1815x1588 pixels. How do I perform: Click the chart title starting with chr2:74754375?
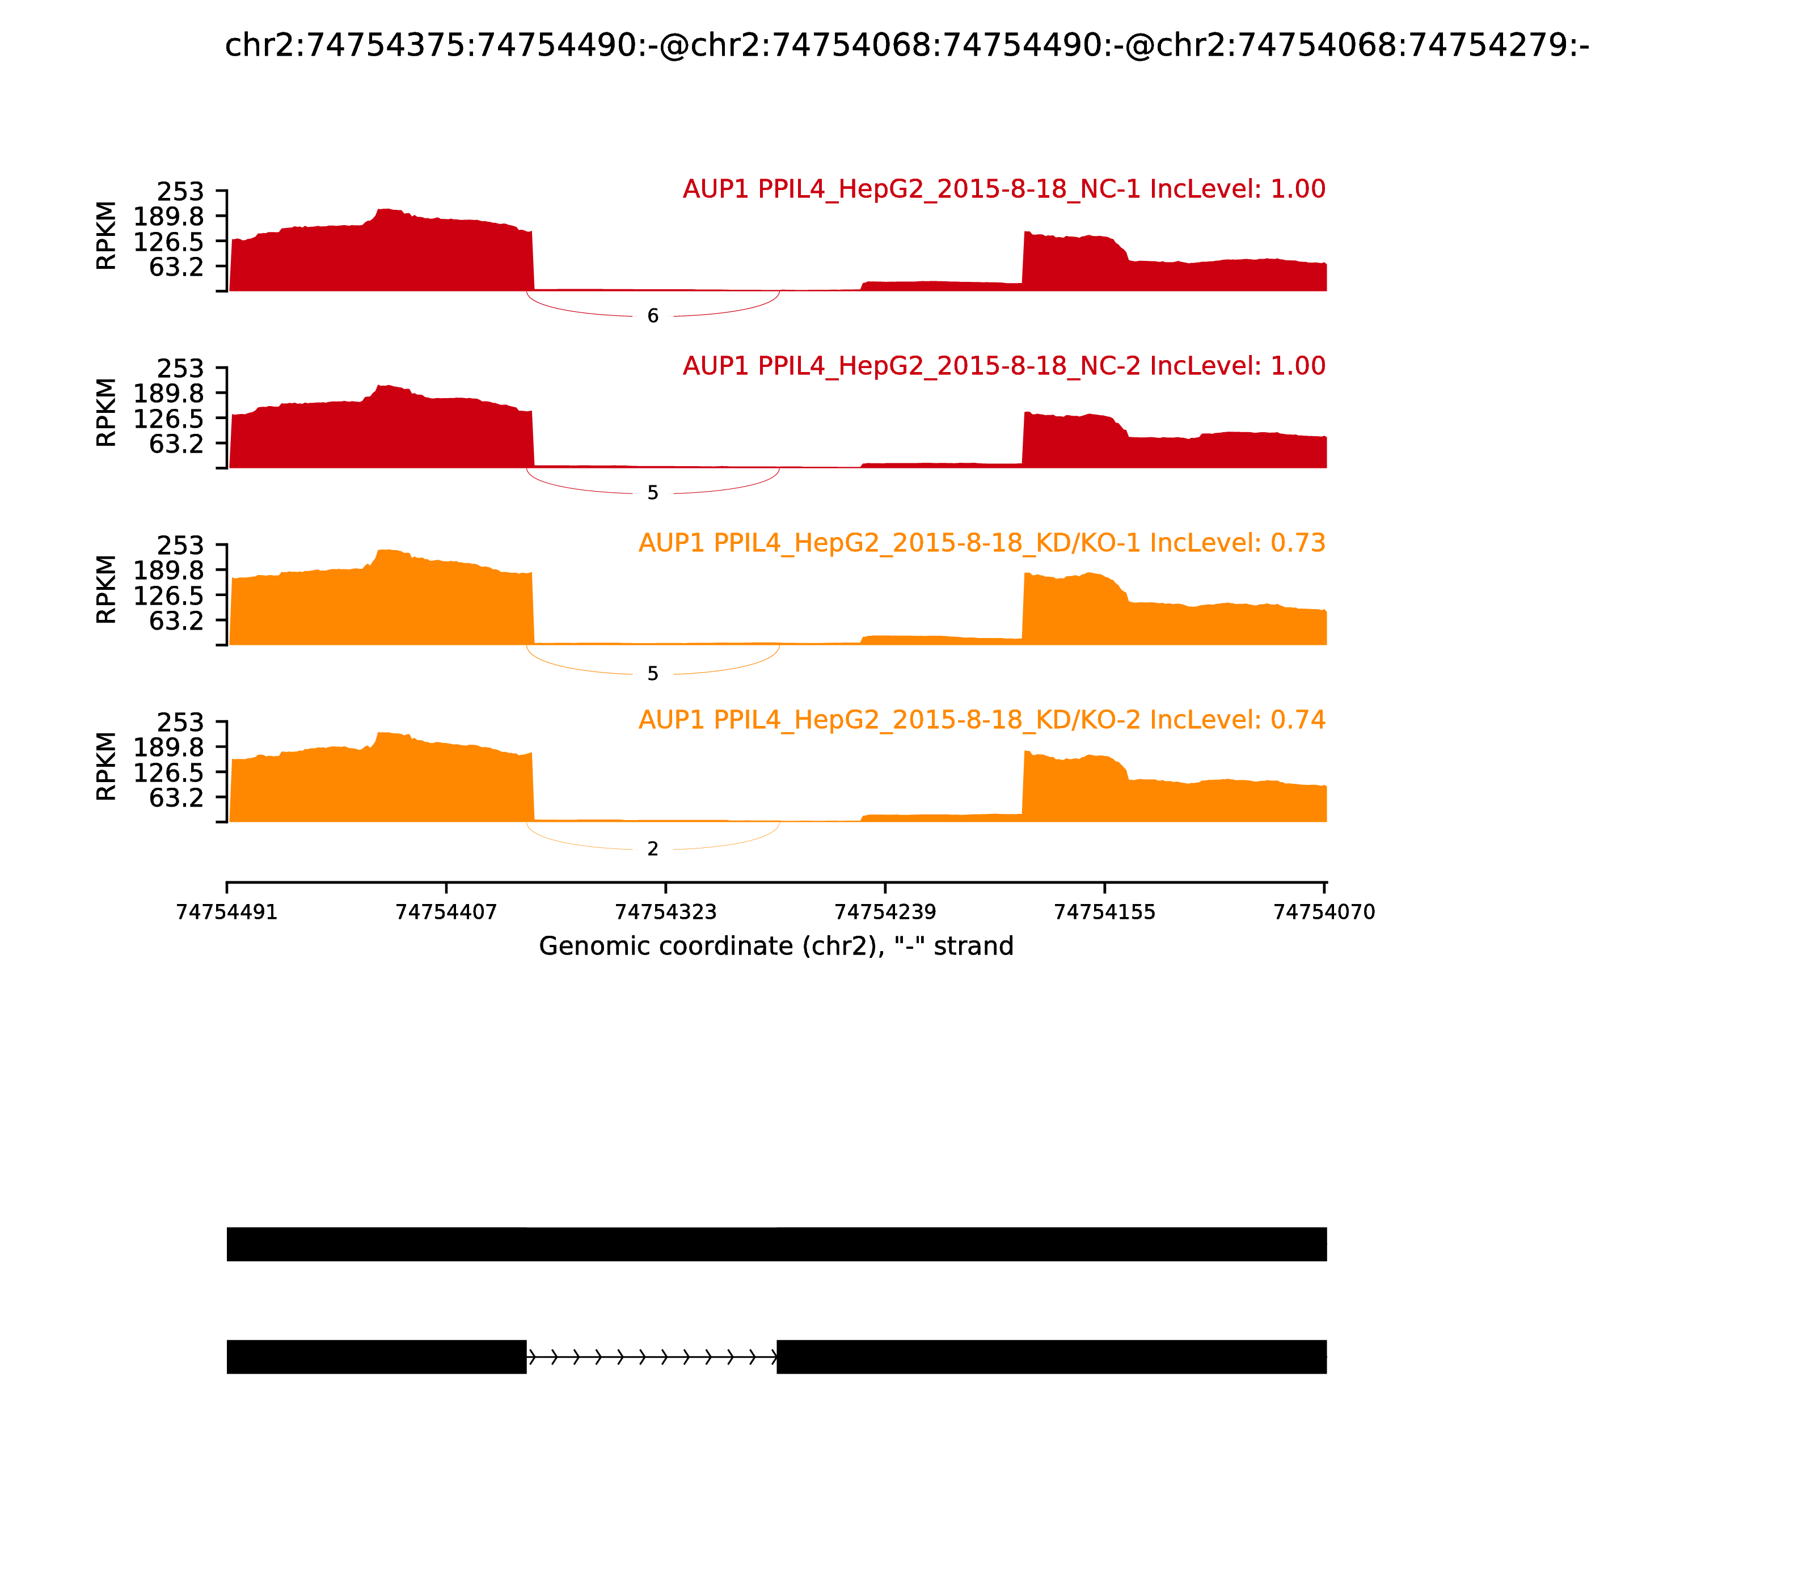pyautogui.click(x=906, y=45)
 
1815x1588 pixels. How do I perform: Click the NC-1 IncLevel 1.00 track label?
pyautogui.click(x=1003, y=189)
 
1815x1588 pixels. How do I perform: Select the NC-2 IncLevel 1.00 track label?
pyautogui.click(x=1003, y=366)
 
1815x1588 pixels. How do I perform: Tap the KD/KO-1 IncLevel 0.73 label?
pyautogui.click(x=981, y=543)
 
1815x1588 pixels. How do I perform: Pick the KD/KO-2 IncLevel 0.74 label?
pyautogui.click(x=981, y=720)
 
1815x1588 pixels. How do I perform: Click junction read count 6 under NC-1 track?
pyautogui.click(x=653, y=316)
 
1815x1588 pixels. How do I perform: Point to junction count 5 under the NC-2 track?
pyautogui.click(x=653, y=493)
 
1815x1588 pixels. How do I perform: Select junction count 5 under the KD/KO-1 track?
pyautogui.click(x=653, y=674)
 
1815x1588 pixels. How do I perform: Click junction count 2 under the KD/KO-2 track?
pyautogui.click(x=653, y=849)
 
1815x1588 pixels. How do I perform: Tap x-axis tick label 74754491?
pyautogui.click(x=227, y=912)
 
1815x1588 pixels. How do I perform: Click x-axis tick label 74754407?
pyautogui.click(x=446, y=912)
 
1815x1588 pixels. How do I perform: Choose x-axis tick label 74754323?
pyautogui.click(x=665, y=912)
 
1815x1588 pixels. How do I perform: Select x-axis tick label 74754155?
pyautogui.click(x=1104, y=912)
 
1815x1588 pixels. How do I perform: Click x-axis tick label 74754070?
pyautogui.click(x=1324, y=912)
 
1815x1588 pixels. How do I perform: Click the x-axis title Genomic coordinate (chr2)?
pyautogui.click(x=775, y=947)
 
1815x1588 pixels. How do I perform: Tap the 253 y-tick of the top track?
pyautogui.click(x=180, y=192)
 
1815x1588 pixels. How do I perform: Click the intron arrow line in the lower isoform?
pyautogui.click(x=651, y=1357)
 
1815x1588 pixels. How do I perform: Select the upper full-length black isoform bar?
pyautogui.click(x=776, y=1244)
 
